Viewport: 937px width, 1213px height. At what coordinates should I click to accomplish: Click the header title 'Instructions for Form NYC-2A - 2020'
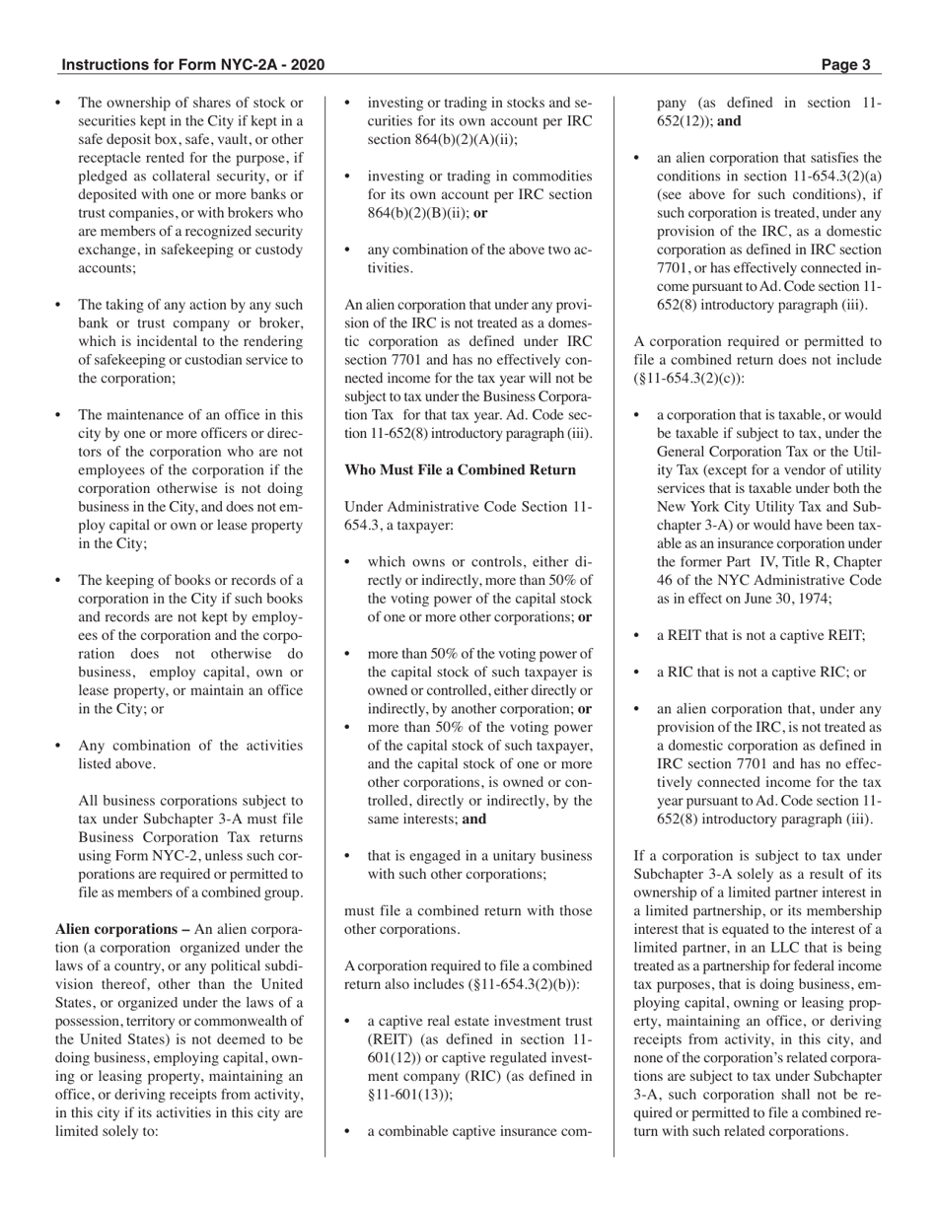click(192, 66)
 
